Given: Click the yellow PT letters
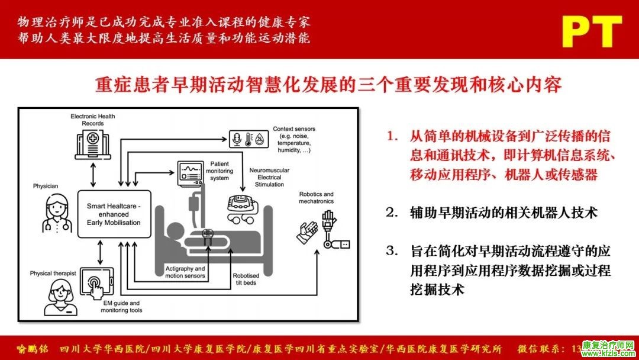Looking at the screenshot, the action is [592, 32].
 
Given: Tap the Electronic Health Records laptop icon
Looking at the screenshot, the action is [93, 144].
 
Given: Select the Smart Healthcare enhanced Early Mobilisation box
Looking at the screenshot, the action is [114, 214].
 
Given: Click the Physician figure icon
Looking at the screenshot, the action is [57, 213].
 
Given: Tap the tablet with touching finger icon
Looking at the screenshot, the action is [96, 283].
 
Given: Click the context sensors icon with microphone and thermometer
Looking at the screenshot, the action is [248, 139].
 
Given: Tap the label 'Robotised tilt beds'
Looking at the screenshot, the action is [246, 279].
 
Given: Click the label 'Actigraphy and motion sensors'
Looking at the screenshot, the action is [185, 272].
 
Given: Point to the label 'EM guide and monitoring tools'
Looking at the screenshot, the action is [121, 307].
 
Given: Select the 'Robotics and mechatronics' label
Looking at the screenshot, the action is [316, 198].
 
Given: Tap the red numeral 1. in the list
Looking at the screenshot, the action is [392, 136].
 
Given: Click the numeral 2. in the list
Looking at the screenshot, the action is [392, 213].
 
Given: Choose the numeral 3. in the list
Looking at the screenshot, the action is [392, 250].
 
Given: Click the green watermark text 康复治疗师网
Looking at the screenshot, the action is [608, 345].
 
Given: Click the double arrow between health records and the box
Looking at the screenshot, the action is [93, 175].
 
